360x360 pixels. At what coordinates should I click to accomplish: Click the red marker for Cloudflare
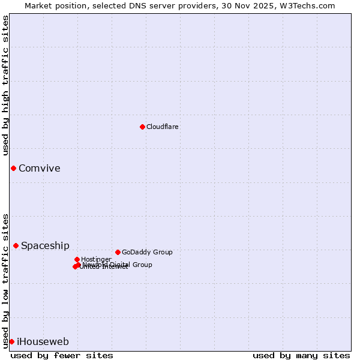(x=142, y=127)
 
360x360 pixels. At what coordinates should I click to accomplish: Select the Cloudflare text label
(x=162, y=127)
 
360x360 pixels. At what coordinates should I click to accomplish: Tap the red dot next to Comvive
(x=13, y=168)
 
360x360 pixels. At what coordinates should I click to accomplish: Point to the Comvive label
(x=39, y=169)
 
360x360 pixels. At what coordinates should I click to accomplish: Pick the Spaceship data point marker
(x=16, y=245)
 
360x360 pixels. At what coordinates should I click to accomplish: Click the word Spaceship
(x=45, y=246)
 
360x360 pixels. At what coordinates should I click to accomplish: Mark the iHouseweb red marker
(x=11, y=341)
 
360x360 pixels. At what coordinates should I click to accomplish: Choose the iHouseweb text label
(x=43, y=342)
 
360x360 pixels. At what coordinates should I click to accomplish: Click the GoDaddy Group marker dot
(x=118, y=252)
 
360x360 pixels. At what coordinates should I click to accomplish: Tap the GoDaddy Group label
(x=147, y=252)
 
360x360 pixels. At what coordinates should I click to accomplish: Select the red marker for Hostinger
(x=77, y=259)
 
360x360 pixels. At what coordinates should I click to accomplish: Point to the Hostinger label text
(x=96, y=259)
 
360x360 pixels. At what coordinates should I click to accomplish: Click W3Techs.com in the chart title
(x=307, y=5)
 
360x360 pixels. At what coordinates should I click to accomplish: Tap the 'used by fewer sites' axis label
(x=62, y=355)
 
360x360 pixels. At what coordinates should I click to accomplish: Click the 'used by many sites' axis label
(x=301, y=355)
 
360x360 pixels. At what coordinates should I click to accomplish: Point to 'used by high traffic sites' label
(x=5, y=85)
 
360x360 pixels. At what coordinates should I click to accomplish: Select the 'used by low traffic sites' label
(x=5, y=280)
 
